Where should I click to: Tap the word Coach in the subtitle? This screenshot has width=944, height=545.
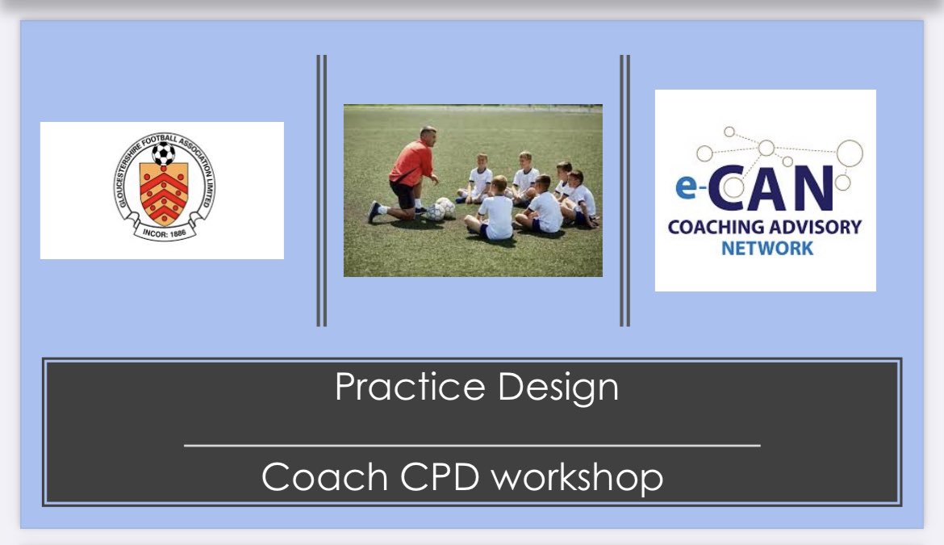(324, 477)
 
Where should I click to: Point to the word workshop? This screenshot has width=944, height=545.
(578, 478)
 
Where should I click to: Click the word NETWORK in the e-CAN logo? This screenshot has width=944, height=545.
(767, 248)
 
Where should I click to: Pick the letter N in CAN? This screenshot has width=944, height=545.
(812, 188)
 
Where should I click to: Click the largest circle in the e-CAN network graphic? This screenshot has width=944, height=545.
(850, 153)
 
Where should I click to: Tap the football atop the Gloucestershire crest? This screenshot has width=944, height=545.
(163, 153)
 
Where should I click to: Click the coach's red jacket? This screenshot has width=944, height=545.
(411, 162)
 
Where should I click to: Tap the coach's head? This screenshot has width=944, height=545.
(428, 136)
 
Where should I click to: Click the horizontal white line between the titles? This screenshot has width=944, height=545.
(472, 446)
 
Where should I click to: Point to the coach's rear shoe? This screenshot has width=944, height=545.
(374, 212)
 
